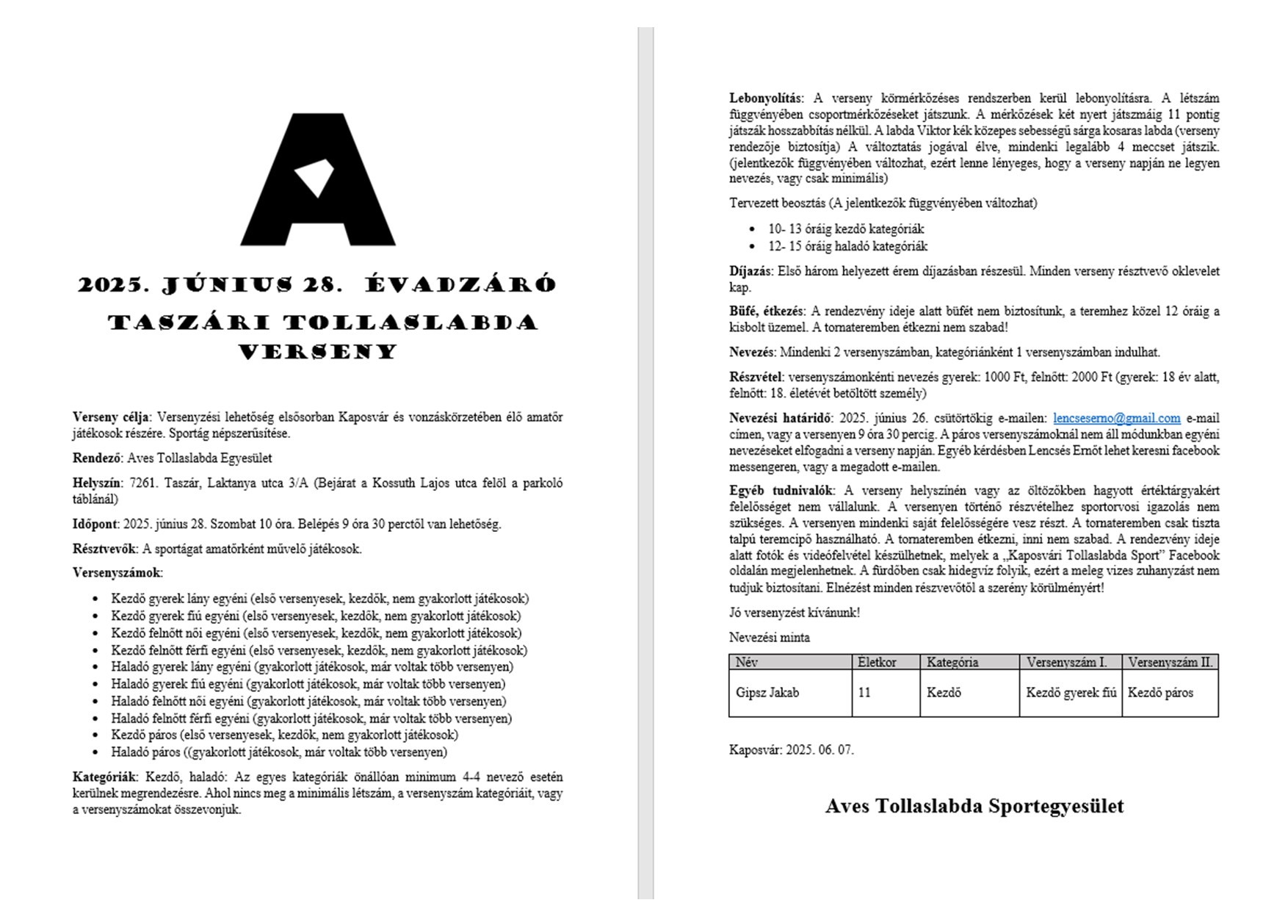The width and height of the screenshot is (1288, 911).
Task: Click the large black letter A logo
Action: pyautogui.click(x=318, y=180)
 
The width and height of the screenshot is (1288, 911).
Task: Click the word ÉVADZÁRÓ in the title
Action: pyautogui.click(x=460, y=284)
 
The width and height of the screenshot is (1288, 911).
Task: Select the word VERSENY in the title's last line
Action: pyautogui.click(x=318, y=352)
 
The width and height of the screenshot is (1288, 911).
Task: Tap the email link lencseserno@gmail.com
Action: pyautogui.click(x=1116, y=418)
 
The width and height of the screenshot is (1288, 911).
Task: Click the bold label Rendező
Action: pyautogui.click(x=97, y=458)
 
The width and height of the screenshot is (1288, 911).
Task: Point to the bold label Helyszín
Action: pyautogui.click(x=97, y=483)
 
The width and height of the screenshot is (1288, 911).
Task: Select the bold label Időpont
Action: pyautogui.click(x=95, y=525)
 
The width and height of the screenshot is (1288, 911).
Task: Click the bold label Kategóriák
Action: pyautogui.click(x=105, y=777)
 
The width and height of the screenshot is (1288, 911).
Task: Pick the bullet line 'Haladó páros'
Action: pyautogui.click(x=279, y=752)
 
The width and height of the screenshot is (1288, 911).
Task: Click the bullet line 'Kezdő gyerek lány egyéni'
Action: pyautogui.click(x=319, y=599)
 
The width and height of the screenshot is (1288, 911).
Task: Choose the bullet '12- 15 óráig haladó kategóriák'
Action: pyautogui.click(x=847, y=246)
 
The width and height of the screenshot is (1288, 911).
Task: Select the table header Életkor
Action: pyautogui.click(x=877, y=662)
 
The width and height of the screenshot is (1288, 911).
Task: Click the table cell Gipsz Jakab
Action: pyautogui.click(x=767, y=692)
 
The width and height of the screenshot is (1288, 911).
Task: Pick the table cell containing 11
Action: pyautogui.click(x=864, y=692)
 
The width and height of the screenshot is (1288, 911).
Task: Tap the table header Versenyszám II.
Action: pyautogui.click(x=1170, y=662)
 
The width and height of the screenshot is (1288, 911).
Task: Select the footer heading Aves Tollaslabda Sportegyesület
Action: pyautogui.click(x=974, y=806)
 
